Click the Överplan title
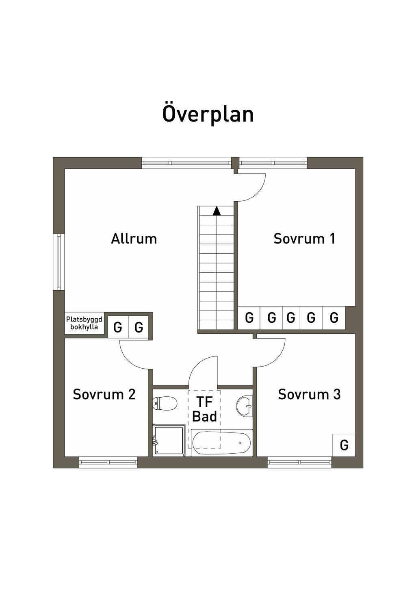pos(208,113)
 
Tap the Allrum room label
pos(134,239)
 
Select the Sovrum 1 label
pos(304,239)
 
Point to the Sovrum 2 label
pos(104,394)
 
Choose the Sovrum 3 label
pos(309,394)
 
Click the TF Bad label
pos(204,410)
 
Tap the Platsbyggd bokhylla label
pos(84,323)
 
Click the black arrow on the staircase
pos(217,211)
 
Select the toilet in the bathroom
pos(165,403)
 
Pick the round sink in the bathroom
pos(245,406)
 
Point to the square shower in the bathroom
pos(169,440)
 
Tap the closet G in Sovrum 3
pos(344,445)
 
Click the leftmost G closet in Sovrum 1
pos(249,317)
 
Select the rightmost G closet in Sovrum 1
pos(334,317)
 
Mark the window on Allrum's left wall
pos(59,262)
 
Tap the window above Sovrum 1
pos(273,163)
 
